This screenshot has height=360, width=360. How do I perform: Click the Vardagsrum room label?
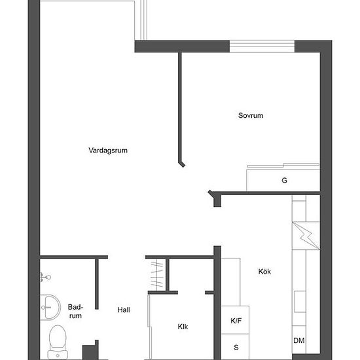coord(108,151)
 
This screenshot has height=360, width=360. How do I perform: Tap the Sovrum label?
coord(251,115)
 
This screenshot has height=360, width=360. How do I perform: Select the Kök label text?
coord(264,272)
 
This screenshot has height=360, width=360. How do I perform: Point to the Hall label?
coord(124,310)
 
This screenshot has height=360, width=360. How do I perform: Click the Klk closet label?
coord(183,327)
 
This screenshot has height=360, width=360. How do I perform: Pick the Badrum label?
coord(75,311)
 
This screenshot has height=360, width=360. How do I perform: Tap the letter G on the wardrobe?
coord(284,181)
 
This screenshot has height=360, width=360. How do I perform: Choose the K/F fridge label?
coord(236,321)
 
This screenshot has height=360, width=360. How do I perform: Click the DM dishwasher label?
coord(299,340)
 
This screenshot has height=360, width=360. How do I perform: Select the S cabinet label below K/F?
coord(236,348)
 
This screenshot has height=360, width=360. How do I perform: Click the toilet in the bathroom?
coord(58,342)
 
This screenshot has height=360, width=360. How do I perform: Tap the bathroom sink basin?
coord(50,307)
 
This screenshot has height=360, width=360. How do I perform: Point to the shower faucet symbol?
coord(45,278)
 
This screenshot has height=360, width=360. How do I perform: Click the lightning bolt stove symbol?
coord(306,236)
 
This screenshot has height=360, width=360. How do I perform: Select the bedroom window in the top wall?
coord(262,46)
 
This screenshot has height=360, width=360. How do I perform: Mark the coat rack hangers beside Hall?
coord(157,274)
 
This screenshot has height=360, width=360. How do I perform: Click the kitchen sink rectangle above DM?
coord(300,302)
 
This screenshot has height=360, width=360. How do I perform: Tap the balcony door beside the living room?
coord(143,20)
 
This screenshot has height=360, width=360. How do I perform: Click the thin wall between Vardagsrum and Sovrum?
coord(180,108)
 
